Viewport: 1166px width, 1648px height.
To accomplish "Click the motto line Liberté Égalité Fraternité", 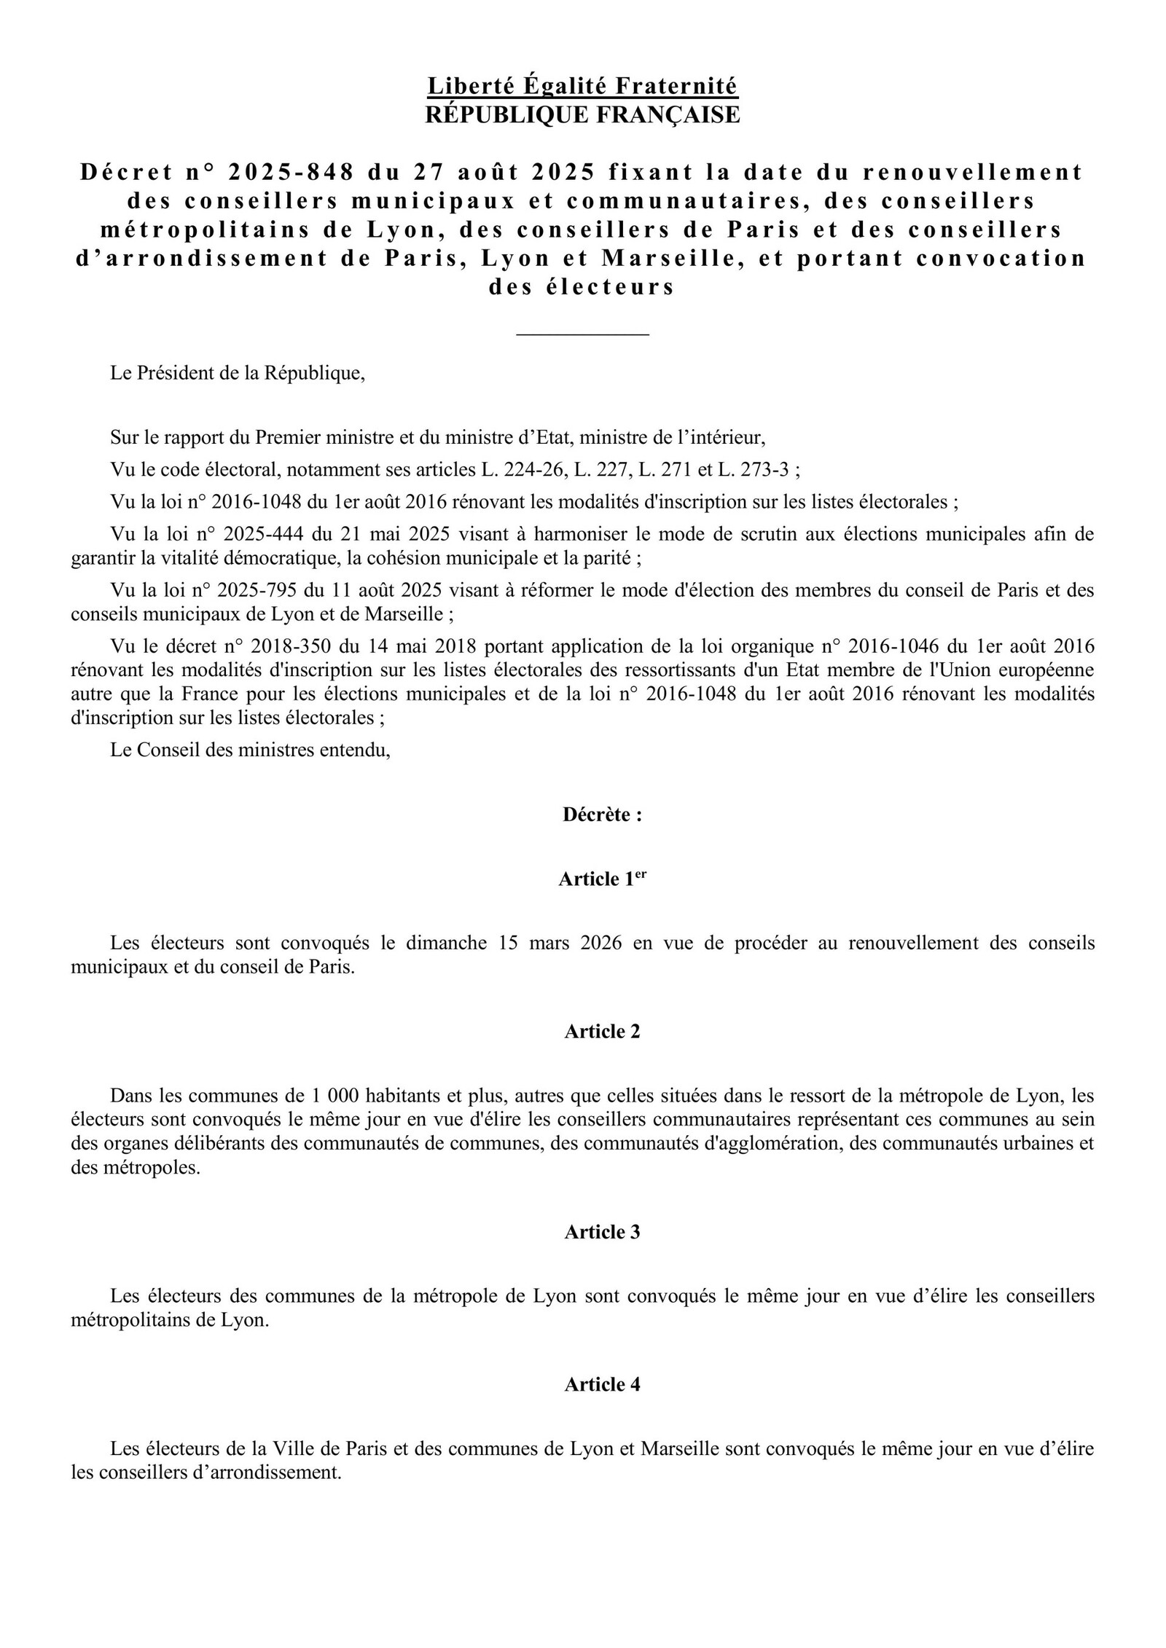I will click(582, 86).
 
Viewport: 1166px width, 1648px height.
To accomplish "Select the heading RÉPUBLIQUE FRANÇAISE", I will click(582, 114).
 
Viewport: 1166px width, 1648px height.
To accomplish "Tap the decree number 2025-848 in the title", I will click(291, 172).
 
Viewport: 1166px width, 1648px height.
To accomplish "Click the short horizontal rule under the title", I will click(582, 334).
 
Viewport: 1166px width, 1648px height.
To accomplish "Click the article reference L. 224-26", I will click(523, 470).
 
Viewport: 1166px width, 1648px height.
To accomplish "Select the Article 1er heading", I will click(602, 879).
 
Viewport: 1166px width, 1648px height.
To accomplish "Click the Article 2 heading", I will click(602, 1031).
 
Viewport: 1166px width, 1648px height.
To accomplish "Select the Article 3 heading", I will click(602, 1232).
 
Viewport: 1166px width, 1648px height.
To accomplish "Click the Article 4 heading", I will click(602, 1384).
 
